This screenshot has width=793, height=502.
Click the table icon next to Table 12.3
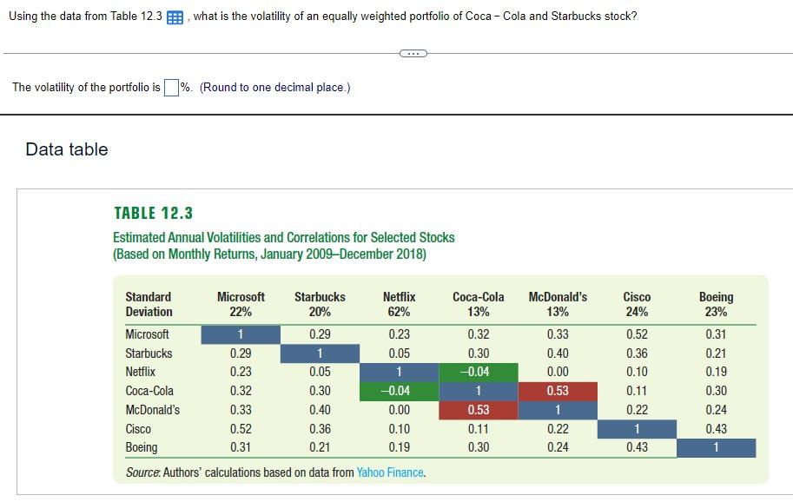175,17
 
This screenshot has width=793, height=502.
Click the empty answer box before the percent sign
171,87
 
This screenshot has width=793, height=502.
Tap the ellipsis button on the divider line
413,54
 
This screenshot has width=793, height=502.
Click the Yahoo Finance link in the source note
390,472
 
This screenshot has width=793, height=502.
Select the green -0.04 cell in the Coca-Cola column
478,372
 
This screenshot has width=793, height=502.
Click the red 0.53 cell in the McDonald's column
558,391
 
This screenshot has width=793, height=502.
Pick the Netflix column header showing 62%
399,304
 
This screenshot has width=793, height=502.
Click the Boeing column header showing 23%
716,304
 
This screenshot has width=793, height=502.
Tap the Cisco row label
138,429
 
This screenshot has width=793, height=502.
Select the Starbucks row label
149,353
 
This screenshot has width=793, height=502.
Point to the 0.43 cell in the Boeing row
637,447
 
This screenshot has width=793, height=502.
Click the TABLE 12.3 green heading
153,213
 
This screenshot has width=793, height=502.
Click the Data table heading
67,149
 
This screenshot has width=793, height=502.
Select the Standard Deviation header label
149,304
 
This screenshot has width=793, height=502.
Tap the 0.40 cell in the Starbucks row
558,353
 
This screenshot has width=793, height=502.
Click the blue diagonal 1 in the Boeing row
716,447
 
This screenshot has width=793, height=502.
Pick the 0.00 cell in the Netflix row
558,372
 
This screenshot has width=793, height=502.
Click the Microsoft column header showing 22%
241,304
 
